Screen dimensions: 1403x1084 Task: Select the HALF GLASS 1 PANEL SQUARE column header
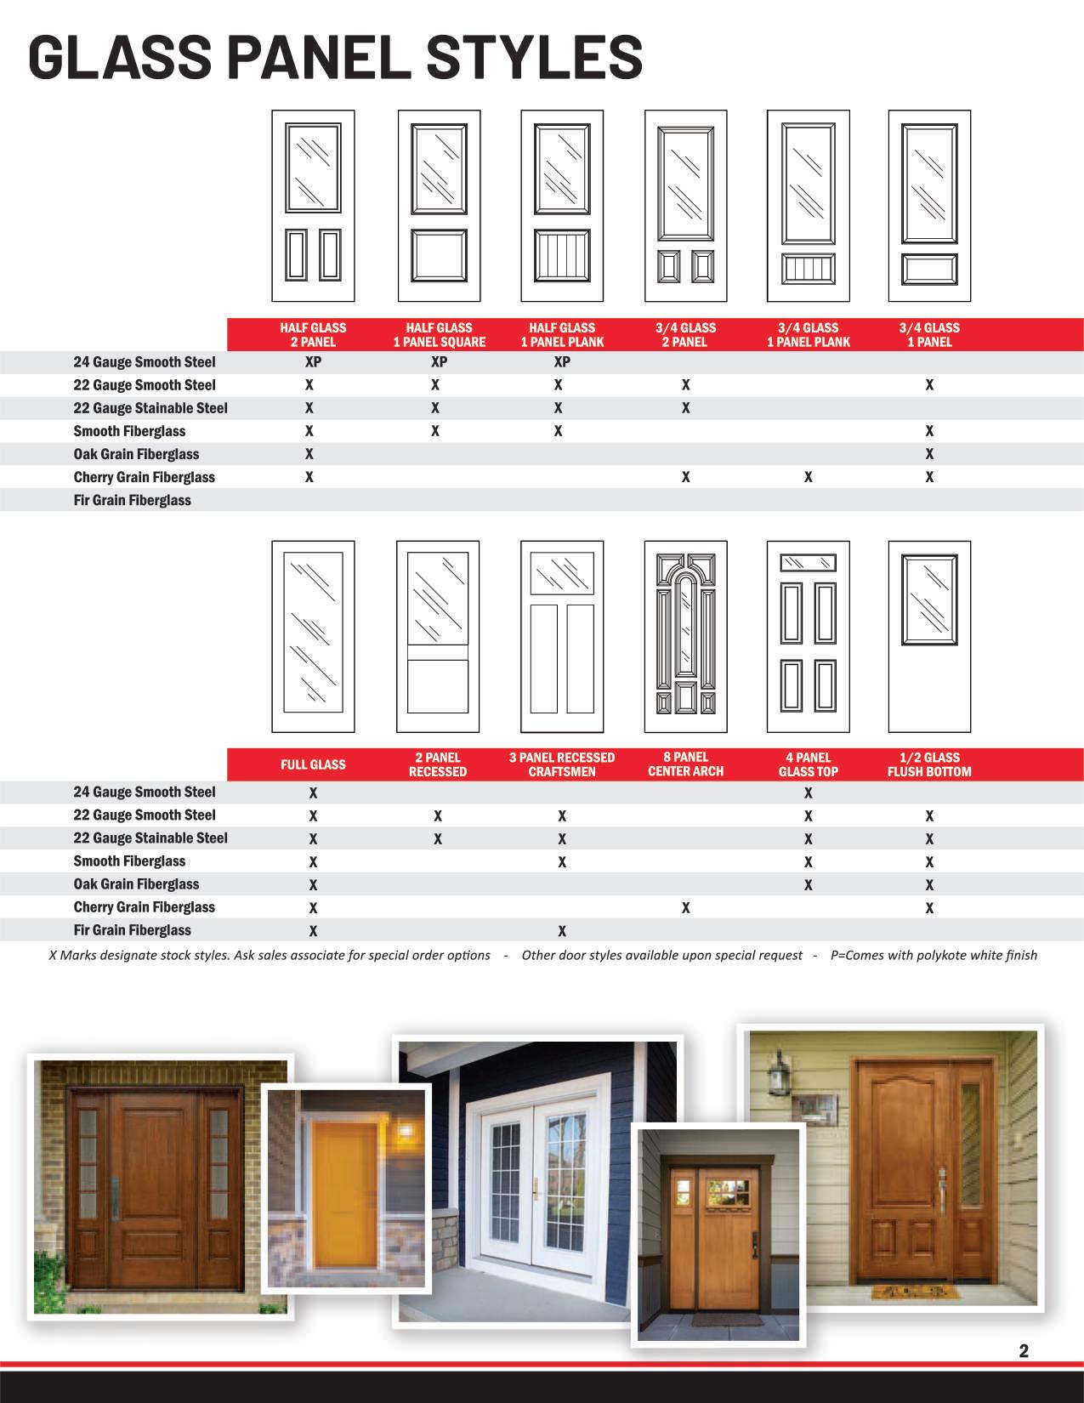click(439, 334)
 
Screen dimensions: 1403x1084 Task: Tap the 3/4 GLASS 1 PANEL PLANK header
click(808, 334)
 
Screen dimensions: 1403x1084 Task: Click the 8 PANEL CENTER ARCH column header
click(685, 764)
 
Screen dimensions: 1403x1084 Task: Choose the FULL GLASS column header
click(313, 764)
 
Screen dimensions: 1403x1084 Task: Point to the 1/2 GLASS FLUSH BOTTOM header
click(929, 764)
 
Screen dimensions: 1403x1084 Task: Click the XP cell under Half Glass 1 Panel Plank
click(561, 361)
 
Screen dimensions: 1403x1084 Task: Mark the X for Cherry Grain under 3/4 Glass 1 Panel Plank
click(808, 477)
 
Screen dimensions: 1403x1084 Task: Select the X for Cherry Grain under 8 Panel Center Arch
click(685, 907)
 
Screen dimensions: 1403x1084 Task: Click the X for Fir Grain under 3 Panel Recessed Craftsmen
click(561, 930)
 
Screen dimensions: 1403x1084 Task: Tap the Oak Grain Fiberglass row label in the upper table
click(136, 454)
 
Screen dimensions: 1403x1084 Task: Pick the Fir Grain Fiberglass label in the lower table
click(132, 930)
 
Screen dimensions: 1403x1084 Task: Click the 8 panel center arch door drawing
click(685, 636)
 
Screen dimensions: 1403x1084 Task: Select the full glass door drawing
click(313, 636)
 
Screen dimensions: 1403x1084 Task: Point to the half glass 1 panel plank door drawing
click(561, 206)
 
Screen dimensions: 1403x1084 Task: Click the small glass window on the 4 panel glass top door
click(808, 563)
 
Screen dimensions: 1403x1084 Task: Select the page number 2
click(1024, 1351)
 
